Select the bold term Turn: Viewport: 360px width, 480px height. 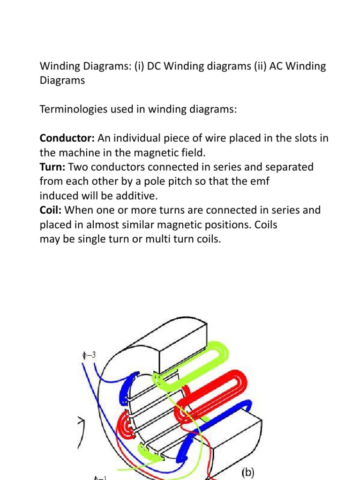point(52,167)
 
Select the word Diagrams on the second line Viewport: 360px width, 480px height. point(62,80)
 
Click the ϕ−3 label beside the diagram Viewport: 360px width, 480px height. point(87,355)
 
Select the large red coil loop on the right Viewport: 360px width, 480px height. point(220,394)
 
